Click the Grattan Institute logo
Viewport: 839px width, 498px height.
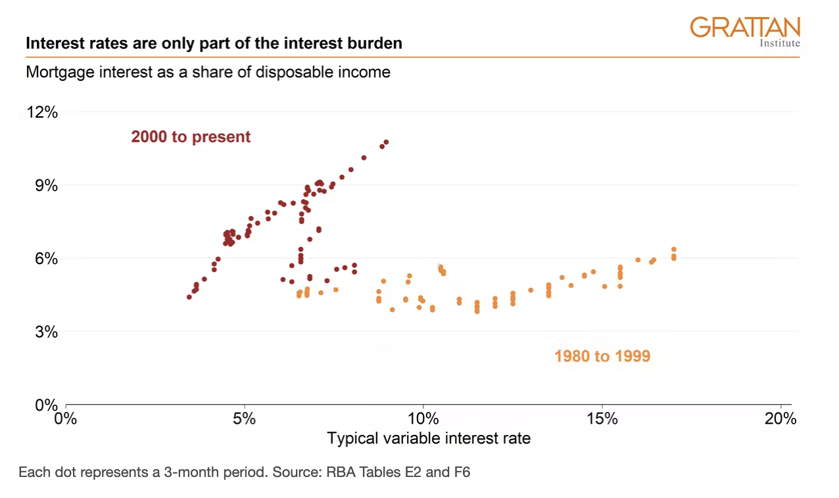(x=745, y=31)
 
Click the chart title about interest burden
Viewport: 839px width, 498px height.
(x=214, y=44)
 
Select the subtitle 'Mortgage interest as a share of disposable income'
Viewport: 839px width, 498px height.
(x=208, y=72)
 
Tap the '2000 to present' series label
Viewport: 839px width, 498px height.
(x=191, y=137)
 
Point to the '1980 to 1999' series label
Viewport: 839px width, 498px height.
(x=602, y=356)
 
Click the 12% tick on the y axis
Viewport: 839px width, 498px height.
(x=42, y=112)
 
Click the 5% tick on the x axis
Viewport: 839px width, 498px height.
(x=245, y=419)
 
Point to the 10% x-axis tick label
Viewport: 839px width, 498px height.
(x=423, y=419)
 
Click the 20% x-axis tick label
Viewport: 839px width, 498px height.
(x=780, y=419)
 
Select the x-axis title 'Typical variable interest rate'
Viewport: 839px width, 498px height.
(x=429, y=438)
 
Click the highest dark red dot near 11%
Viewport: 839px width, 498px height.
(x=386, y=142)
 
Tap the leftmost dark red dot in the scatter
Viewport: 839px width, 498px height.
(x=189, y=297)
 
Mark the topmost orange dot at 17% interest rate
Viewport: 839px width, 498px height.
(x=673, y=250)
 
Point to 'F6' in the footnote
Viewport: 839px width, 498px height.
(x=462, y=472)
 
